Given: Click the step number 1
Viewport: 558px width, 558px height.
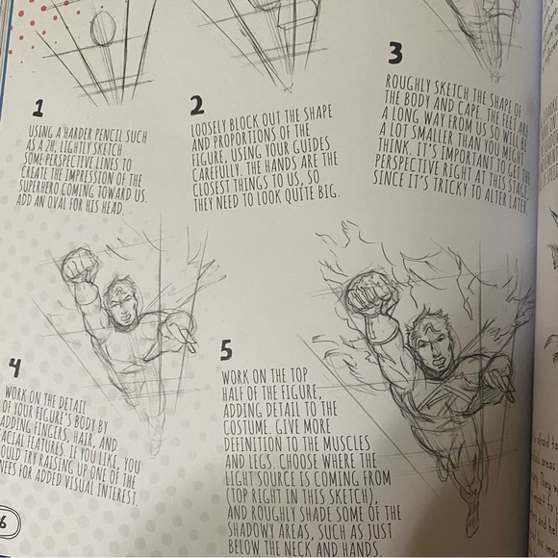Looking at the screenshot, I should pos(38,107).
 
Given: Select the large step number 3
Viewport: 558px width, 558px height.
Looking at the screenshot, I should pos(395,53).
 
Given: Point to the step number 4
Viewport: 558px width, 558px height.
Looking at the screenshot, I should pos(14,367).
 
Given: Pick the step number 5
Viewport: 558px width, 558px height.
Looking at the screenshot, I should pos(227,348).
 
